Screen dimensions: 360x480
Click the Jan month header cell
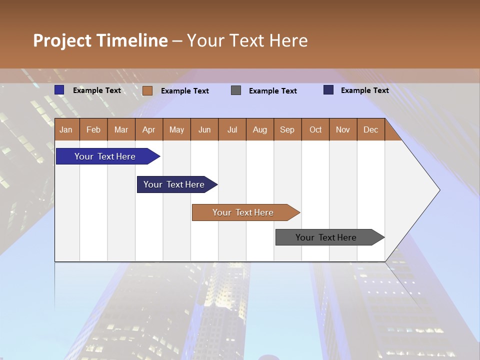(66, 129)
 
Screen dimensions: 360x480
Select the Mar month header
(121, 129)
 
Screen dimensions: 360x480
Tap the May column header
(176, 129)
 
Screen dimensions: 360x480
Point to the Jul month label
(232, 129)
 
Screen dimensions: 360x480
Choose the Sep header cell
(287, 129)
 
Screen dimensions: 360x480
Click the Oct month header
(315, 129)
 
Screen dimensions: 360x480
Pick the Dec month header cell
(370, 129)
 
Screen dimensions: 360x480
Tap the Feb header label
(93, 129)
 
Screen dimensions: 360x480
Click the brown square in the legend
(147, 90)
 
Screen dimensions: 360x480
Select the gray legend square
(236, 90)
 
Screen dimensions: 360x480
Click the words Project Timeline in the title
(100, 40)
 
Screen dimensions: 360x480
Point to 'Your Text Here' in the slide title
(247, 40)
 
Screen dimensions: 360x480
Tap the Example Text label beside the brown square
(184, 91)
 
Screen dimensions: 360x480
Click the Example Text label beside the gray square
(272, 91)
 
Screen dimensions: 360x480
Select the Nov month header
(343, 129)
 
